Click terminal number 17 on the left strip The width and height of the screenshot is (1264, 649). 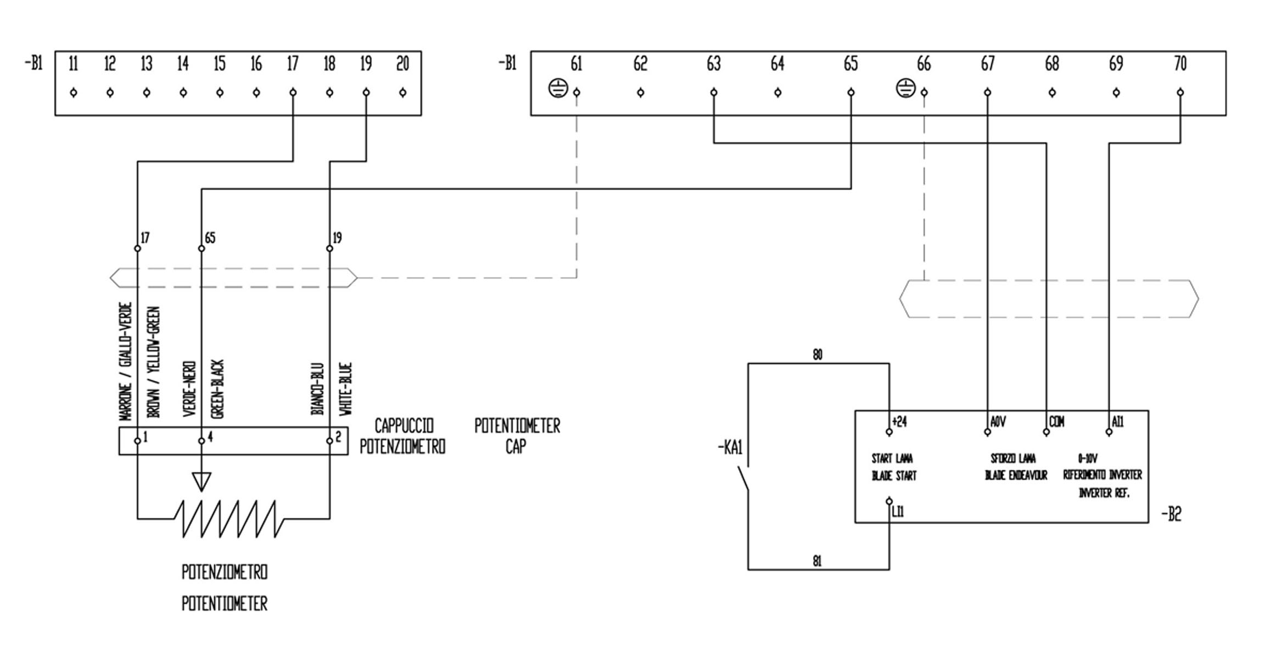click(x=293, y=64)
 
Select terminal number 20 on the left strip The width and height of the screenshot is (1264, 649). click(x=402, y=64)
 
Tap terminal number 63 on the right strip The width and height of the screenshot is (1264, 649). click(x=713, y=64)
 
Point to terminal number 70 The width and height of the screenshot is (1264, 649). click(x=1180, y=64)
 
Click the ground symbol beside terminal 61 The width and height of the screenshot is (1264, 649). click(x=558, y=88)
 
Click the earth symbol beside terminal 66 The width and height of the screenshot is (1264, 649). click(x=905, y=88)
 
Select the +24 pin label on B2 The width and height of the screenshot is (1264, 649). click(x=899, y=422)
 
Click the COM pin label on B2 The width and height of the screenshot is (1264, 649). click(x=1056, y=422)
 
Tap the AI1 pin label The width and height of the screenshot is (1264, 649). click(x=1118, y=422)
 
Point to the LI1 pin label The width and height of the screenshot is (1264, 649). click(x=898, y=512)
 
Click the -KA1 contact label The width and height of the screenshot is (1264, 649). click(x=730, y=448)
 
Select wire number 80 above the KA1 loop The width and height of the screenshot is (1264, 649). click(x=818, y=355)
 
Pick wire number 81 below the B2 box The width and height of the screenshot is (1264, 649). click(x=817, y=561)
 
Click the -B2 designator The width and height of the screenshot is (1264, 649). click(x=1171, y=515)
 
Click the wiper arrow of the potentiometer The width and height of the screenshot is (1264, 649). click(x=202, y=481)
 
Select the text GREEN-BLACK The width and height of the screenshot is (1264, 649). click(x=218, y=389)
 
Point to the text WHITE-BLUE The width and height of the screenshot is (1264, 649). click(x=345, y=389)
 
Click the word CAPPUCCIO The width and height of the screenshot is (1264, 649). click(x=404, y=426)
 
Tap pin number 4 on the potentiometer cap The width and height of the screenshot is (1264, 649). click(x=210, y=437)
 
